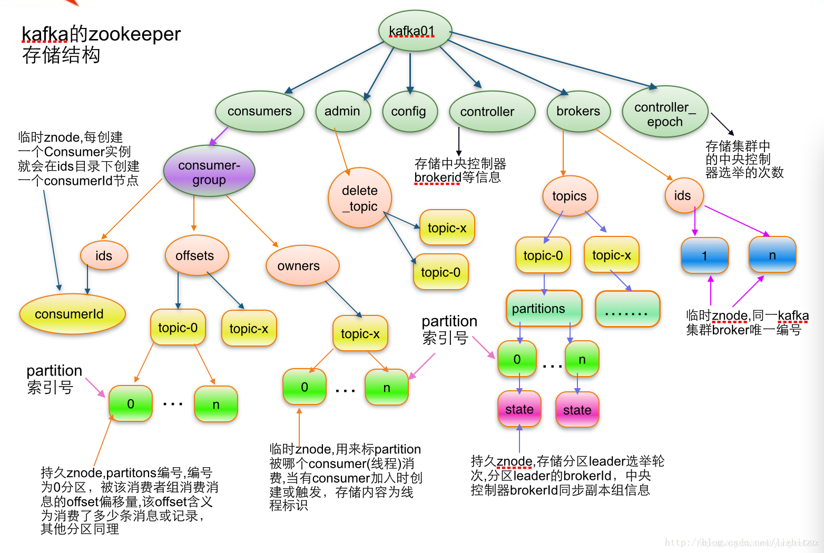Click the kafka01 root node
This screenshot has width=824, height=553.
click(415, 31)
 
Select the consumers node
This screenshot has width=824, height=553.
click(259, 111)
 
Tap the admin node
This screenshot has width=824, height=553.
click(342, 111)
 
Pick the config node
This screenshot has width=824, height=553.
click(409, 111)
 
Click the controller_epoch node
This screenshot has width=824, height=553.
click(665, 114)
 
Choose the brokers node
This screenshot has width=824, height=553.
click(578, 111)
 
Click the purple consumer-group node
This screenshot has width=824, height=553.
click(209, 172)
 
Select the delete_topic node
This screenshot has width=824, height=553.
click(360, 198)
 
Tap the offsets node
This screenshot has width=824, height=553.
click(195, 255)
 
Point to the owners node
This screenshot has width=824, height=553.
click(299, 266)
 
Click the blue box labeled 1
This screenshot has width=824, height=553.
click(704, 255)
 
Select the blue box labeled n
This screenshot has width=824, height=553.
click(772, 255)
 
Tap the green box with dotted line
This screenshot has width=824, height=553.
click(627, 309)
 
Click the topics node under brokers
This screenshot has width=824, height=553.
click(570, 196)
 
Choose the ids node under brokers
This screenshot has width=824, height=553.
click(683, 195)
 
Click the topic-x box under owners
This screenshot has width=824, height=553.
click(360, 333)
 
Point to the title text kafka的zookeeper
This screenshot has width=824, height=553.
click(101, 34)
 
